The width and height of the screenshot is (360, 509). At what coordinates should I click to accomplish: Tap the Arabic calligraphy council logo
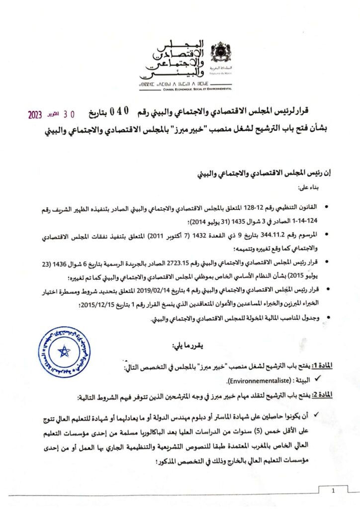(x=172, y=59)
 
